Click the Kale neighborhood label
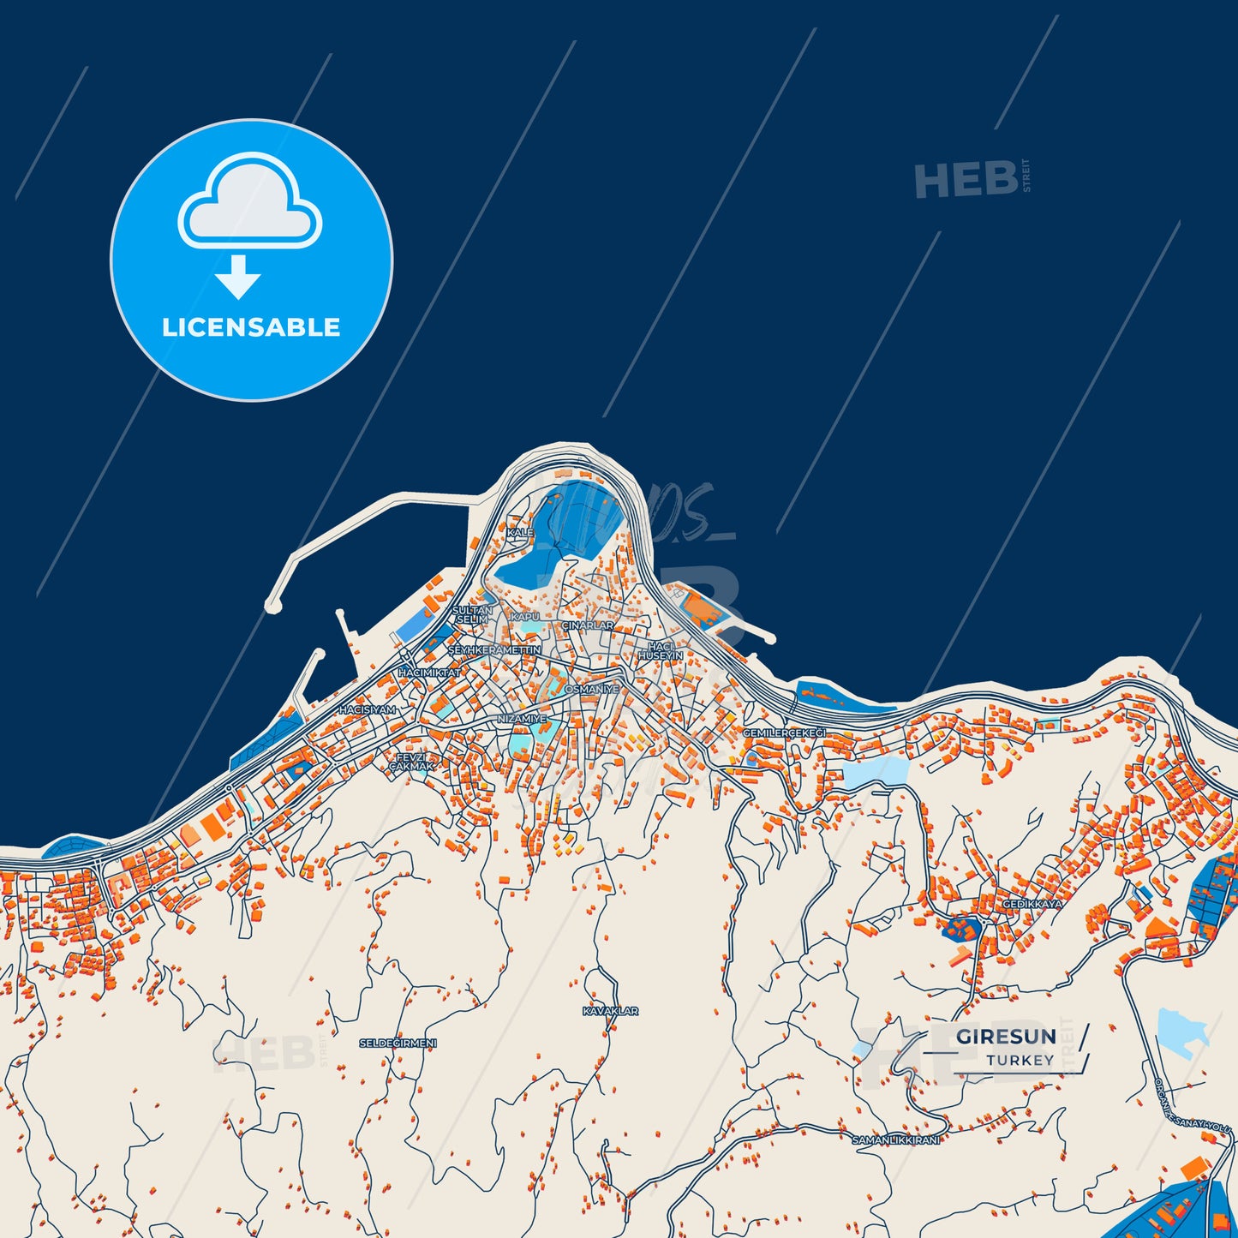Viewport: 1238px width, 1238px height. coord(520,533)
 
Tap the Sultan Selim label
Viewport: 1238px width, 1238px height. coord(472,614)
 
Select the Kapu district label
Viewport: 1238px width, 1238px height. coord(525,617)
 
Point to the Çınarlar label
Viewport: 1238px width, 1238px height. coord(588,625)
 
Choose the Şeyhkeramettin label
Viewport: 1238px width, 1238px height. coord(494,650)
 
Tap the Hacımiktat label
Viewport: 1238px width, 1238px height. coord(429,673)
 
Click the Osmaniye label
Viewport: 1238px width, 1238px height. coord(591,689)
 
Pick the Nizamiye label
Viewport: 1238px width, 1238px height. coord(522,719)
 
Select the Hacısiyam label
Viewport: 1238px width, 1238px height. coord(368,710)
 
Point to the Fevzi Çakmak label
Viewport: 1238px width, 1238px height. coord(411,762)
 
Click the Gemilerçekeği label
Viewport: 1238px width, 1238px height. coord(784,733)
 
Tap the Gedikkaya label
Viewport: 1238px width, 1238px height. coord(1032,904)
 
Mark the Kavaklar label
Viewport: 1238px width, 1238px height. coord(610,1011)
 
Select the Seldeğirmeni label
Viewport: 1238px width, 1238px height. coord(398,1043)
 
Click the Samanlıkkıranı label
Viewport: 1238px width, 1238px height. coord(895,1139)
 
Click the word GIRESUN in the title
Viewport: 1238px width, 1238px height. coord(1006,1037)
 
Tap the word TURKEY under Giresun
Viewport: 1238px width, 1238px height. coord(1020,1061)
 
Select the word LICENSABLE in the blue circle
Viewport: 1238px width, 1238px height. coord(251,327)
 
